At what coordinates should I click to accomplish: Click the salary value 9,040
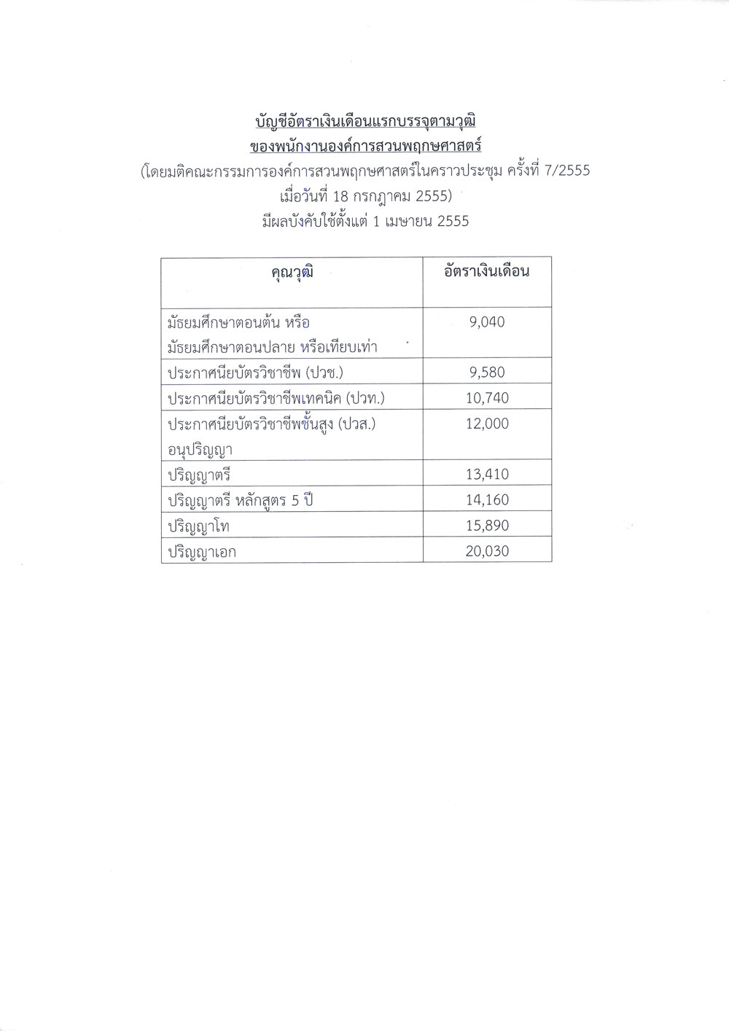[x=487, y=322]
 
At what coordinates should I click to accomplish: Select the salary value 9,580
[x=487, y=372]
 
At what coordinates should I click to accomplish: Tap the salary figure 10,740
[x=487, y=397]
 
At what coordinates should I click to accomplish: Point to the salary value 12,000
[x=487, y=423]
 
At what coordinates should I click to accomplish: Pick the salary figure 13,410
[x=487, y=474]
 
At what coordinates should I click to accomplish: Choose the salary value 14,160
[x=487, y=499]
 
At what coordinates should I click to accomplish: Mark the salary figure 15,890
[x=487, y=525]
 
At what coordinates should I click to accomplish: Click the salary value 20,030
[x=487, y=550]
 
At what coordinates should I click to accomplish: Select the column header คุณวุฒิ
[x=292, y=272]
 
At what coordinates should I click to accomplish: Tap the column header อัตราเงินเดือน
[x=487, y=271]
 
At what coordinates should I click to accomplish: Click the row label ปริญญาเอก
[x=202, y=552]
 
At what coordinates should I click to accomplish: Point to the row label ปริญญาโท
[x=199, y=526]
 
